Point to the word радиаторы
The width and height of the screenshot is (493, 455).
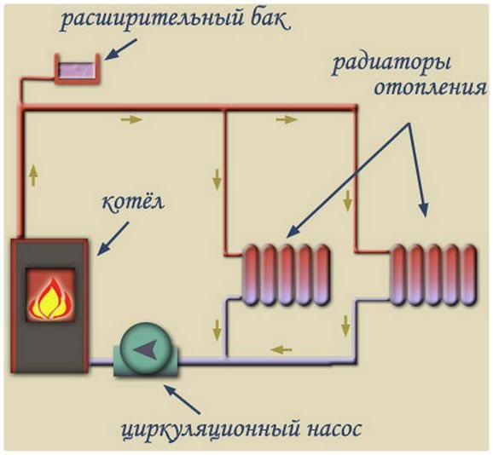click(x=391, y=66)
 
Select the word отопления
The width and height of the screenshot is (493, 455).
click(x=431, y=88)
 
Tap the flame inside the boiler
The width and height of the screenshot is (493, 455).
click(x=50, y=298)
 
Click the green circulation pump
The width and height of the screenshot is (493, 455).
click(x=146, y=350)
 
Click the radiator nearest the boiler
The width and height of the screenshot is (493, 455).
click(x=286, y=275)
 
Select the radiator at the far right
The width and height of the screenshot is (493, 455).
click(x=433, y=274)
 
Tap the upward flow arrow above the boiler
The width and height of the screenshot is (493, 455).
click(x=33, y=176)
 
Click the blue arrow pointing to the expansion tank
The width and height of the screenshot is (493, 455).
click(x=121, y=49)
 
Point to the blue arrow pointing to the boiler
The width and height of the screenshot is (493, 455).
click(x=113, y=238)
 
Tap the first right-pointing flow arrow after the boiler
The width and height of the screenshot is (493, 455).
click(x=131, y=119)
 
